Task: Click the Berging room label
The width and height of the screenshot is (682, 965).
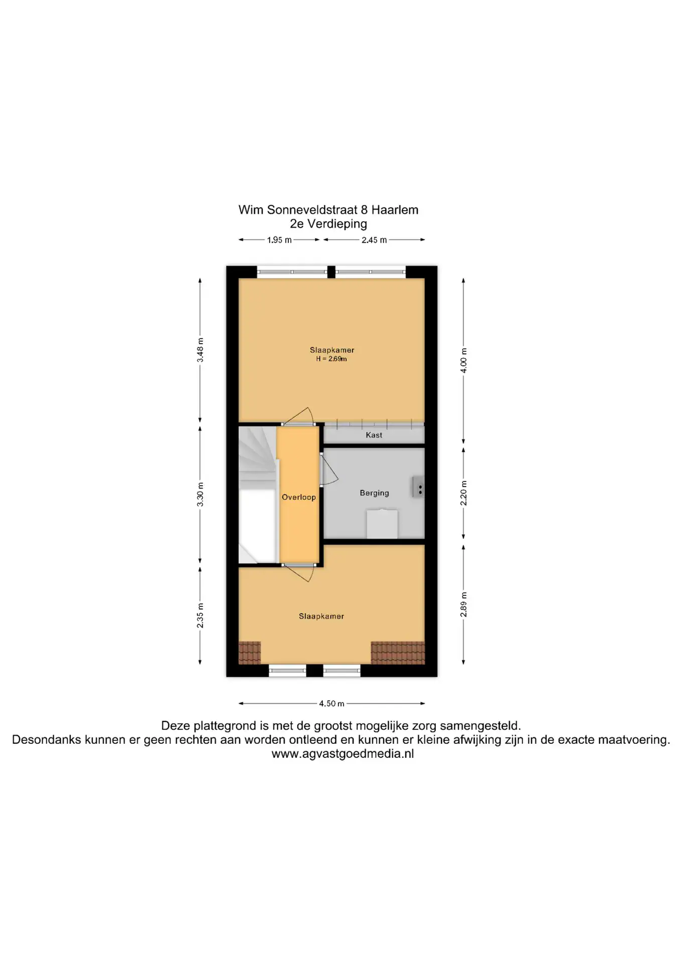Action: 374,493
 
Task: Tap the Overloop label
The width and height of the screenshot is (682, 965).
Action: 299,497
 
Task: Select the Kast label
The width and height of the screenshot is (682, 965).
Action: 374,435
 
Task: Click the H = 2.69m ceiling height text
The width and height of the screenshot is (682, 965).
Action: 331,359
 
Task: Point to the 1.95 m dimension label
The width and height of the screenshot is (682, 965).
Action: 279,240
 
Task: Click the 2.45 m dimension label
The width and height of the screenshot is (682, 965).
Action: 374,240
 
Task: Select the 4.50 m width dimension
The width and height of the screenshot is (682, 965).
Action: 331,704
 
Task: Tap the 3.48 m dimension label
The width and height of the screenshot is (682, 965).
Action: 200,350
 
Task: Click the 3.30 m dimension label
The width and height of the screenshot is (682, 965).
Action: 200,494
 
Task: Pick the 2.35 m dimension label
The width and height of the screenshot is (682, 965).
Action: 200,616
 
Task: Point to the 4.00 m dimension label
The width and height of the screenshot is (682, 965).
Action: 464,360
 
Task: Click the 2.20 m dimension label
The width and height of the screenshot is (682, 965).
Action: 464,493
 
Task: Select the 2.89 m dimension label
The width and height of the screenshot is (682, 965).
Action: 464,605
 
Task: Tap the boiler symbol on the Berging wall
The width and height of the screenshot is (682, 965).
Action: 418,487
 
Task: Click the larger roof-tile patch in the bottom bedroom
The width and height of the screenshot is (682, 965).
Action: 398,653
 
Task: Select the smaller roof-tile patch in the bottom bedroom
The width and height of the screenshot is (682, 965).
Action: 250,653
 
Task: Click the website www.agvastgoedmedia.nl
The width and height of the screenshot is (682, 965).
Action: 343,754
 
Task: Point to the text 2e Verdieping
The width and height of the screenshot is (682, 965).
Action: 328,224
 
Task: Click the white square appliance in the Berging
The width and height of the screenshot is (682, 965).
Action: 382,524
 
